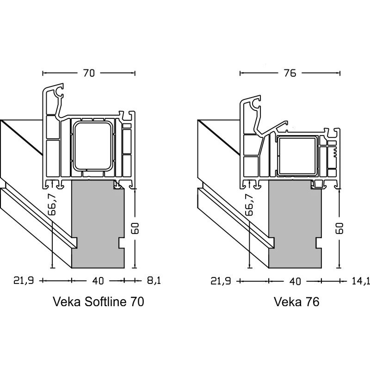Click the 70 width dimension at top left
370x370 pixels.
(89, 73)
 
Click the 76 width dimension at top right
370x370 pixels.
(290, 73)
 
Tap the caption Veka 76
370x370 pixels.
(297, 302)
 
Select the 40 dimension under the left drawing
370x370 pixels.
(98, 280)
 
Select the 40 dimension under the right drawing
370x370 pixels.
(295, 280)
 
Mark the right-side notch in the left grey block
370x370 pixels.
(123, 242)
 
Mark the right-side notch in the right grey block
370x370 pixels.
(319, 242)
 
